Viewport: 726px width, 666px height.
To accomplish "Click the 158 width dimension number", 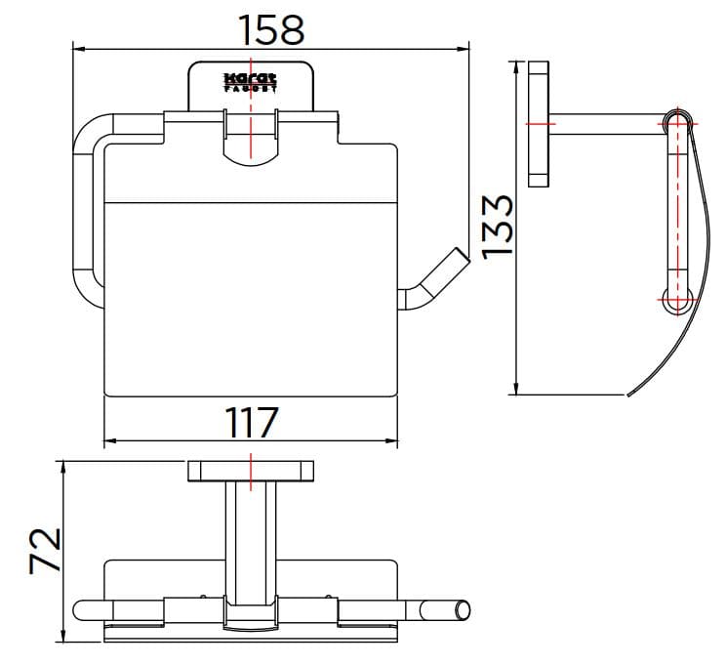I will tap(272, 29).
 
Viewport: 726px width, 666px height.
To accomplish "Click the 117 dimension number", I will tap(252, 423).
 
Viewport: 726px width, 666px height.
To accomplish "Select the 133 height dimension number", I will tap(498, 225).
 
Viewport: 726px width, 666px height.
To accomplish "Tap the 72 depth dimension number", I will tap(44, 551).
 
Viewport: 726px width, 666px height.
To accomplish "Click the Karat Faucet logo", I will tap(251, 81).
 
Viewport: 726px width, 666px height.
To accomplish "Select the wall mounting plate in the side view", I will tap(538, 124).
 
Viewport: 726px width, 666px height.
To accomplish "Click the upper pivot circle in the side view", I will tap(676, 122).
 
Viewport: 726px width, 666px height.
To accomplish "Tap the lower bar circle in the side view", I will tap(676, 300).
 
